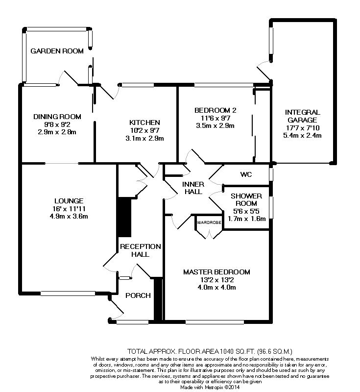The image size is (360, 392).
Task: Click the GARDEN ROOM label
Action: pyautogui.click(x=57, y=51)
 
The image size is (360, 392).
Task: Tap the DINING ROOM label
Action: pyautogui.click(x=57, y=117)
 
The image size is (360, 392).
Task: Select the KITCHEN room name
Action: pyautogui.click(x=144, y=122)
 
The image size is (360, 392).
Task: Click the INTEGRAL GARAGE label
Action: pyautogui.click(x=303, y=116)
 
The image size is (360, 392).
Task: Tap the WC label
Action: pyautogui.click(x=246, y=174)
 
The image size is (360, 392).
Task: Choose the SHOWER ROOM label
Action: pyautogui.click(x=243, y=200)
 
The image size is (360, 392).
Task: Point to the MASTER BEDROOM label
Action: pyautogui.click(x=216, y=272)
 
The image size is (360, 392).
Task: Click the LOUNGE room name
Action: pyautogui.click(x=69, y=200)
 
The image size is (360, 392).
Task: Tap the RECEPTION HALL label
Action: pyautogui.click(x=141, y=250)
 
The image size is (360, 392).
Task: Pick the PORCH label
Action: pyautogui.click(x=138, y=295)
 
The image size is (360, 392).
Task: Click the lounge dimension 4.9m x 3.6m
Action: pyautogui.click(x=69, y=217)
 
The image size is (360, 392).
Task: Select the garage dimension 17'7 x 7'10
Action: pyautogui.click(x=303, y=128)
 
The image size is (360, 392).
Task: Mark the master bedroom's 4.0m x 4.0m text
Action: pyautogui.click(x=216, y=288)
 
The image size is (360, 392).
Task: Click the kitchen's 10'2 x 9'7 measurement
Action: pyautogui.click(x=144, y=130)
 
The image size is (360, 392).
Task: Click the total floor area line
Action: pyautogui.click(x=210, y=351)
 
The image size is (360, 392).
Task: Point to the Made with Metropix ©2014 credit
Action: pyautogui.click(x=209, y=387)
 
